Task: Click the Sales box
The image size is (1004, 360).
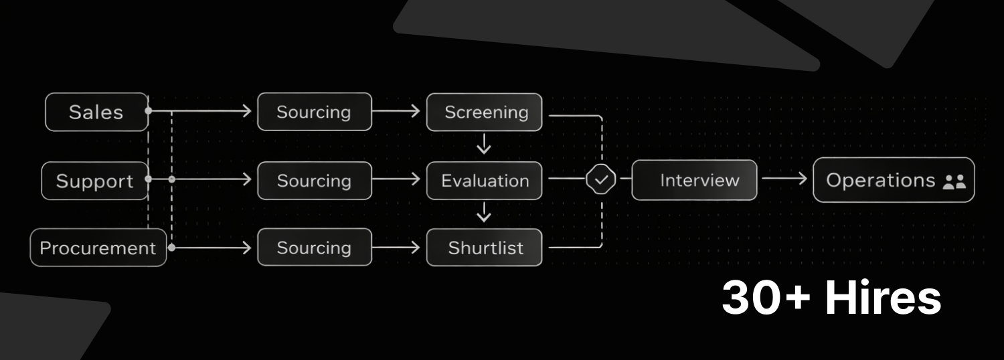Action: pyautogui.click(x=96, y=112)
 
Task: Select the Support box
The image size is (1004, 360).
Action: pyautogui.click(x=94, y=181)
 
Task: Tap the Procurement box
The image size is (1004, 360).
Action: pyautogui.click(x=98, y=248)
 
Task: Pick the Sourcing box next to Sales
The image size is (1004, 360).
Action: pyautogui.click(x=314, y=112)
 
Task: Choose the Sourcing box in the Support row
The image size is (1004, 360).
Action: pyautogui.click(x=314, y=181)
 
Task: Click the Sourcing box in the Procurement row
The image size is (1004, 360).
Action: pyautogui.click(x=314, y=248)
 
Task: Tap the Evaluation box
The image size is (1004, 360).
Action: pyautogui.click(x=485, y=181)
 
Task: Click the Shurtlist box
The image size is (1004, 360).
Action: pyautogui.click(x=485, y=248)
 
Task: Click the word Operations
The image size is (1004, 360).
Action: pyautogui.click(x=880, y=180)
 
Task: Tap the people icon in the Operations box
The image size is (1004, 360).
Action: pyautogui.click(x=954, y=181)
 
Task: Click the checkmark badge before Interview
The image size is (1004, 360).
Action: pyautogui.click(x=601, y=179)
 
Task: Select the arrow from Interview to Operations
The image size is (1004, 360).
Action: pyautogui.click(x=784, y=179)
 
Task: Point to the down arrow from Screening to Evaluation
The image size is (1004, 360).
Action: pyautogui.click(x=484, y=145)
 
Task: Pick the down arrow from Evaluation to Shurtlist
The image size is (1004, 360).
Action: pyautogui.click(x=484, y=213)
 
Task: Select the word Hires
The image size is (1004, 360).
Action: pyautogui.click(x=883, y=298)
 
